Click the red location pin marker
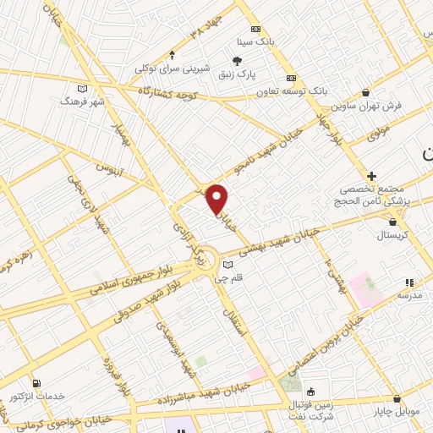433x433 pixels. pyautogui.click(x=217, y=199)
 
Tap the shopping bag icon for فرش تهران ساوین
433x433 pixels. pyautogui.click(x=365, y=92)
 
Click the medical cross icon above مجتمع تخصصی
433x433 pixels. pyautogui.click(x=371, y=176)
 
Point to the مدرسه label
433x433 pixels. pyautogui.click(x=409, y=296)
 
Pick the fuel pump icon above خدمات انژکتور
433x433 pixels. pyautogui.click(x=35, y=383)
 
